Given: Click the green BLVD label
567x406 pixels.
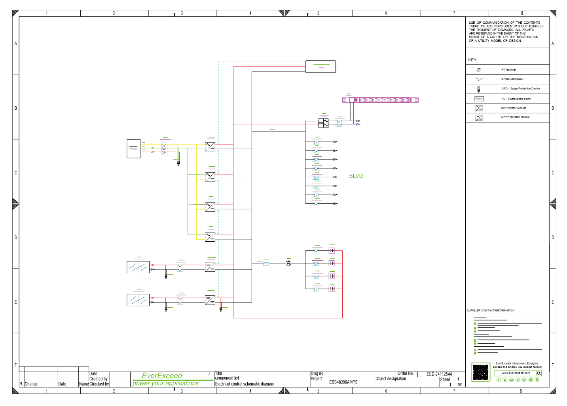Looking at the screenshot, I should click(x=356, y=176).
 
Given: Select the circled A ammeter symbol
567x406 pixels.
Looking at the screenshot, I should click(x=288, y=263).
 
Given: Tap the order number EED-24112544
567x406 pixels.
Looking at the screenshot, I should click(x=439, y=374).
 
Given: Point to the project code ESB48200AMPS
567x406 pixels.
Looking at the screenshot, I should click(x=343, y=382).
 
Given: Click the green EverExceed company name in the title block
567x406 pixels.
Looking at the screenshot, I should click(x=162, y=376).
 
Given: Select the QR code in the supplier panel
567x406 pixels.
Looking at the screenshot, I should click(x=481, y=372).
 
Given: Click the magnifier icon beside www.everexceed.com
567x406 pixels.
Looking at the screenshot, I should click(x=539, y=373).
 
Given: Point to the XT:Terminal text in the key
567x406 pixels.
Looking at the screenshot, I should click(x=508, y=70).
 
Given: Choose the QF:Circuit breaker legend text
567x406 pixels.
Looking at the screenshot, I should click(x=512, y=79).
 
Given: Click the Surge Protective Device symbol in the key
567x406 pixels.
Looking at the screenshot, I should click(x=479, y=89).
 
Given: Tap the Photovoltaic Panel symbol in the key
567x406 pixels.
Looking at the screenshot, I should click(x=479, y=99).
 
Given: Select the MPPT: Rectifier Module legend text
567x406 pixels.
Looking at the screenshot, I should click(x=515, y=117).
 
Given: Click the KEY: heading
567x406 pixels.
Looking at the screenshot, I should click(x=472, y=60).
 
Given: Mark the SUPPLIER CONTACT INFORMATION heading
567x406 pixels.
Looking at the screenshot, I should click(x=490, y=310).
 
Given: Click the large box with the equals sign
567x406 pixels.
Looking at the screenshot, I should click(x=134, y=148).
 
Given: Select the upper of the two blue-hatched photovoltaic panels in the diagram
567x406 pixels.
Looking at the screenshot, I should click(x=138, y=267).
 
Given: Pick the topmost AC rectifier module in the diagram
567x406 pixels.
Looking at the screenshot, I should click(x=210, y=147).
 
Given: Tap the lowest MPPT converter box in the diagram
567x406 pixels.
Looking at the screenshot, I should click(x=210, y=300).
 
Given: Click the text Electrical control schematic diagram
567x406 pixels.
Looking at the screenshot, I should click(x=245, y=384).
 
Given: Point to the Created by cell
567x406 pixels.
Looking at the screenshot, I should click(x=99, y=379).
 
